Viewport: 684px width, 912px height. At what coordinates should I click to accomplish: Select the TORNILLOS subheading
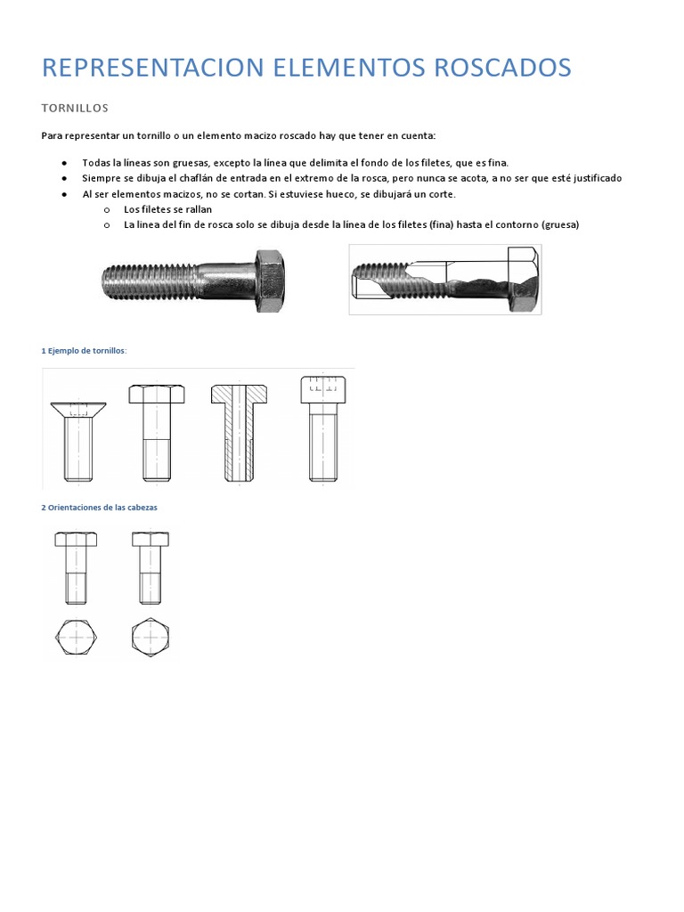(x=75, y=109)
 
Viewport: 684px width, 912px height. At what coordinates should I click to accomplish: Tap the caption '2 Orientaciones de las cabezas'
(x=99, y=508)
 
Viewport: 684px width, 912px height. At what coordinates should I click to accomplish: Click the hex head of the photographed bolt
(x=270, y=281)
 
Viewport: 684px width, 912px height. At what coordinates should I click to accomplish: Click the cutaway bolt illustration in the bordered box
(x=444, y=279)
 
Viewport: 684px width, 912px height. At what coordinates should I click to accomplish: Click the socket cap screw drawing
(x=322, y=428)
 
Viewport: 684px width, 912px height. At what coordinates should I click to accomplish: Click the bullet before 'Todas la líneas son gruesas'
(x=65, y=163)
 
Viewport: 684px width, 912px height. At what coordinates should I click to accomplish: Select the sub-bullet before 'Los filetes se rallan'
(x=106, y=209)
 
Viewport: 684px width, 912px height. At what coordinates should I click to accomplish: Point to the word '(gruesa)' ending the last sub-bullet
(x=559, y=224)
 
